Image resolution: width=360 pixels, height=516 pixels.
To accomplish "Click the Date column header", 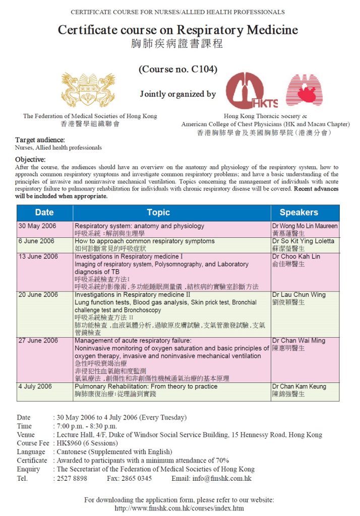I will click(44, 213).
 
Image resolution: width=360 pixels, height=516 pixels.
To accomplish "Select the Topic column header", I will click(158, 213).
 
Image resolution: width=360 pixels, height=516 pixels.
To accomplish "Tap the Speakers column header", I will click(298, 213).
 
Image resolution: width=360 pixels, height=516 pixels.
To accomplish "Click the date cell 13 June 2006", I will click(38, 256).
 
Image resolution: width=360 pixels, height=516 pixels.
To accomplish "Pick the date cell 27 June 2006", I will click(38, 341).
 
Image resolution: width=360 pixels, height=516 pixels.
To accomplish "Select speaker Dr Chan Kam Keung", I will click(299, 386).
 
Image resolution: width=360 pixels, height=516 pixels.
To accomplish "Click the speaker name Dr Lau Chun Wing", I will click(299, 295).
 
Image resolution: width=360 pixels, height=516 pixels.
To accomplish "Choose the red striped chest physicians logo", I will click(305, 90).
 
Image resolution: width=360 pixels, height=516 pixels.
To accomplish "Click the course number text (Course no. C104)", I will click(178, 70).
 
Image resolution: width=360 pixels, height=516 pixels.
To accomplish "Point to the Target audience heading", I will click(40, 140).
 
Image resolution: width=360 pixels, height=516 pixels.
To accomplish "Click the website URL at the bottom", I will click(179, 508).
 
